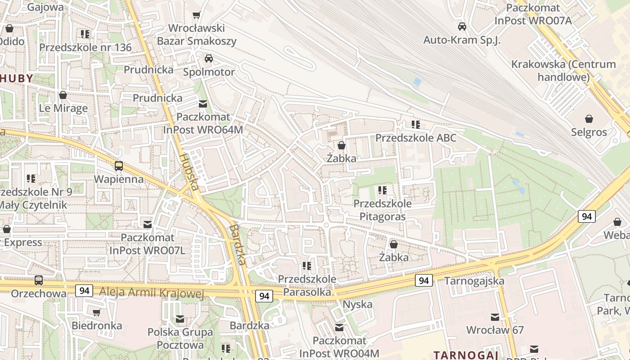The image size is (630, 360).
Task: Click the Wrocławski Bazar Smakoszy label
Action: [x=197, y=35]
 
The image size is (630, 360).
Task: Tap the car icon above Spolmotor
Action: [x=209, y=58]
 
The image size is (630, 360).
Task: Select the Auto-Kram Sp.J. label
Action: [x=462, y=40]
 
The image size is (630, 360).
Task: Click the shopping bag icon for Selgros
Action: [x=589, y=119]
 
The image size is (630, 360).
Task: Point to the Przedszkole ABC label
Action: [x=416, y=138]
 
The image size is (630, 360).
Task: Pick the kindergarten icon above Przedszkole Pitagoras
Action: [x=382, y=190]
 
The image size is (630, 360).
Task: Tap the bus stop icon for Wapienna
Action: [x=119, y=166]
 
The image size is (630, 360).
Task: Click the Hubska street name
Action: [x=189, y=171]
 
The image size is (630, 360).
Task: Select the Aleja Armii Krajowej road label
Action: [x=151, y=293]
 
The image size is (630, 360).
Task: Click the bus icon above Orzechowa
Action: [x=39, y=280]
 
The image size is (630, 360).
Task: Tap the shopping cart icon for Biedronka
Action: [x=97, y=312]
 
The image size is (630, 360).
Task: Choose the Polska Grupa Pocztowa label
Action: [x=180, y=338]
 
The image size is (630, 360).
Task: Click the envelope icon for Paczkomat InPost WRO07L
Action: [x=147, y=224]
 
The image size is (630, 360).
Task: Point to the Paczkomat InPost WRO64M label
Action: [x=203, y=123]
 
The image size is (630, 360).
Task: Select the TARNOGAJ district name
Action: [x=466, y=355]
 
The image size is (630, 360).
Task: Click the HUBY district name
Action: [x=17, y=78]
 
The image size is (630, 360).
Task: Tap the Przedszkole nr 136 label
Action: [x=85, y=47]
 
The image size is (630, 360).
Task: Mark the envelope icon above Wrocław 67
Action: [x=495, y=317]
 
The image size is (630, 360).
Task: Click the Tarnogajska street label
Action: [x=474, y=281]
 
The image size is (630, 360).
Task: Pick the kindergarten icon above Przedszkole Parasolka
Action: [x=307, y=266]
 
